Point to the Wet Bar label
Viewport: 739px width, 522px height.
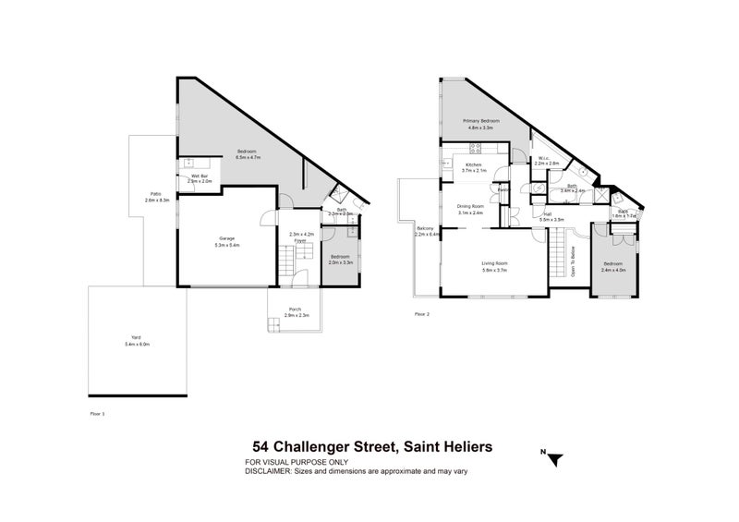click(x=200, y=176)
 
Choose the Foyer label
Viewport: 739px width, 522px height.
click(x=300, y=240)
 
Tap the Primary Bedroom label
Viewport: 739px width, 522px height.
click(x=481, y=121)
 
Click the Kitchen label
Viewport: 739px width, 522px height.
click(x=474, y=164)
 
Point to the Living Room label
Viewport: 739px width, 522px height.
click(x=495, y=263)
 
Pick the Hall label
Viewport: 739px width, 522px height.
click(x=548, y=216)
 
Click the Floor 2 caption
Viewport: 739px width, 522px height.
click(x=422, y=314)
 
